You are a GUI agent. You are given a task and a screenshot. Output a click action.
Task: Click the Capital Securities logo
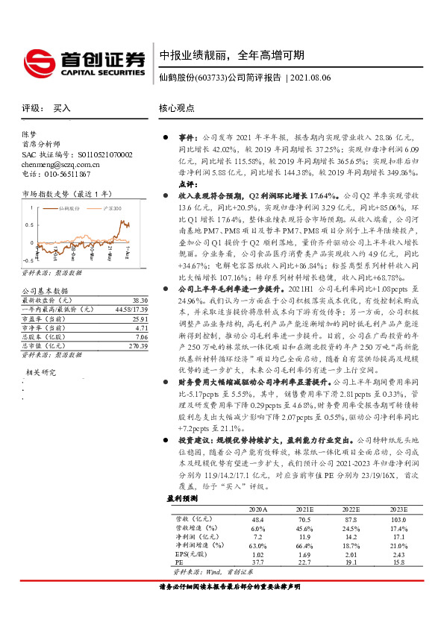point(83,62)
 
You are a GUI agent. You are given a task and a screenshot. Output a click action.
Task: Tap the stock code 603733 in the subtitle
point(210,78)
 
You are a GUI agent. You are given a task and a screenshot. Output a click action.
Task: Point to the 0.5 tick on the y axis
point(26,222)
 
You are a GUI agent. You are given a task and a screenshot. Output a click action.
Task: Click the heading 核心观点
point(177,107)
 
